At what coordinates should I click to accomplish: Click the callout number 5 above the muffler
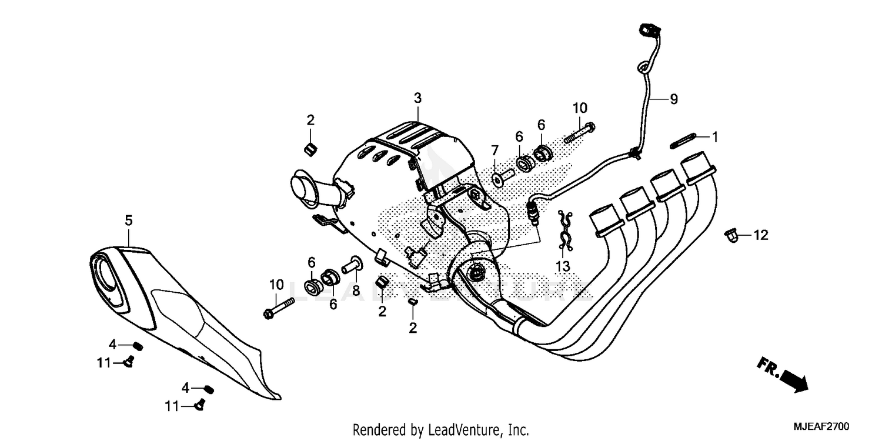128,221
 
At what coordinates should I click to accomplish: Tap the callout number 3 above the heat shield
417,98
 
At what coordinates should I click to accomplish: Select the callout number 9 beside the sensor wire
673,99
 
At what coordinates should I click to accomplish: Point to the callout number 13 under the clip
563,266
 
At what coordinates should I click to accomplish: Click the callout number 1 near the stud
715,137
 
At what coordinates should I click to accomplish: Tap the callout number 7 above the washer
495,149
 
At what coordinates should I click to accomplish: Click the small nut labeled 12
730,235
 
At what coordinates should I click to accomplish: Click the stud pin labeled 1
683,141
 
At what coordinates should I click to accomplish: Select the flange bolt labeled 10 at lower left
282,309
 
